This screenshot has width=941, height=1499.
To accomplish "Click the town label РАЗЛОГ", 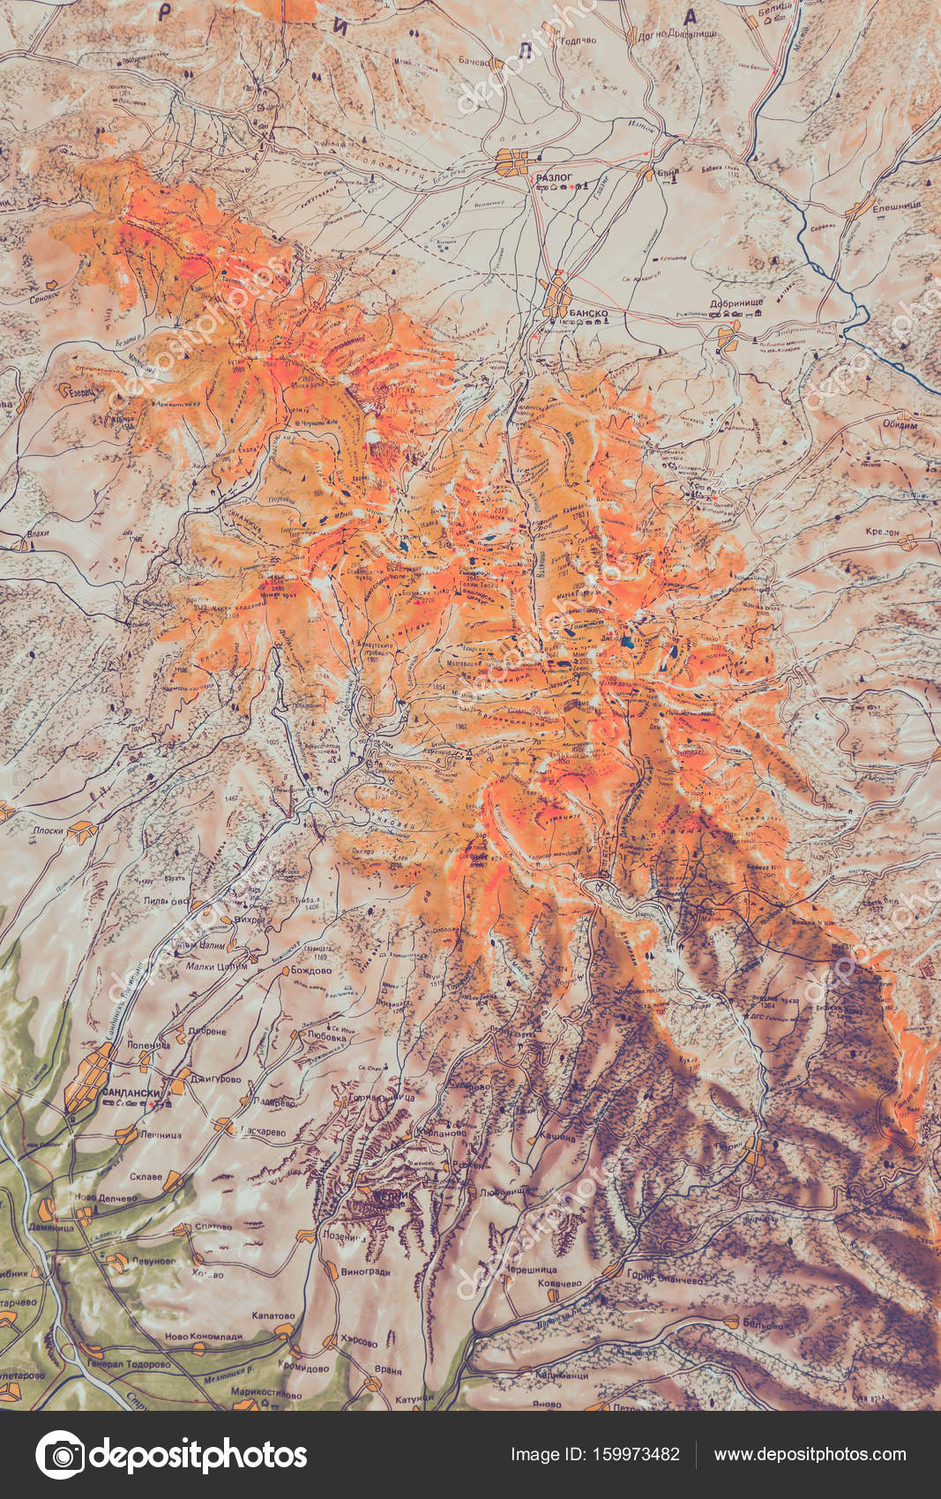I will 555,177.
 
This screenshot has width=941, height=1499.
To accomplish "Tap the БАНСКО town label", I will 589,313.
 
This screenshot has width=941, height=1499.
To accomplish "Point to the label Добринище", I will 736,303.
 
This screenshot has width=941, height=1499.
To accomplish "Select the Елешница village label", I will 896,206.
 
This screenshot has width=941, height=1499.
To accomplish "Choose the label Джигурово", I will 216,1078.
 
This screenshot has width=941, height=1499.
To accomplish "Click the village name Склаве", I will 146,1176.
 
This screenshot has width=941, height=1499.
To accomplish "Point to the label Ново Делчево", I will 107,1198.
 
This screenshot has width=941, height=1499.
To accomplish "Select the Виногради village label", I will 365,1272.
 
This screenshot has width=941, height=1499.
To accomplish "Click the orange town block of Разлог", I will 512,162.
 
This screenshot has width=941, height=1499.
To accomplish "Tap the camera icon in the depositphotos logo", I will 60,1455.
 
